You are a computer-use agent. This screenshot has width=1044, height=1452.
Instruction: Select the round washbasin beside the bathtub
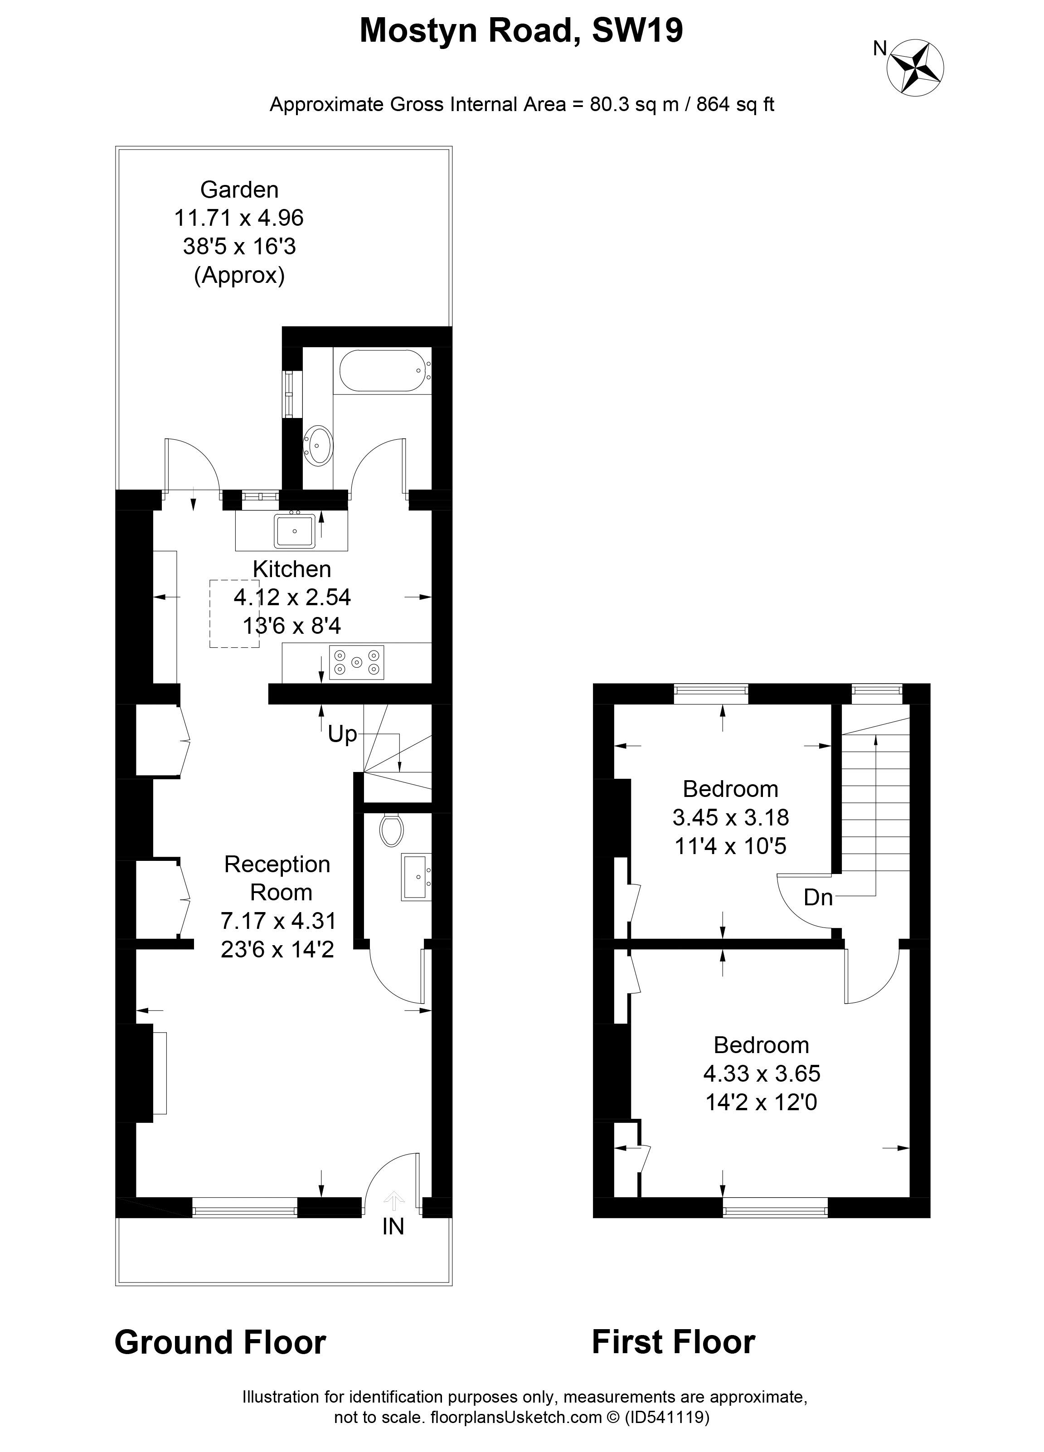coord(317,444)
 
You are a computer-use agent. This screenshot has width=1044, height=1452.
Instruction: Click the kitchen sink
coord(295,531)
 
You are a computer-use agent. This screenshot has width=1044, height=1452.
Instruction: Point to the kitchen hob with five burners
coord(356,662)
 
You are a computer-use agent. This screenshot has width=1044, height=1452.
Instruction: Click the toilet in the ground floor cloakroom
coord(390,830)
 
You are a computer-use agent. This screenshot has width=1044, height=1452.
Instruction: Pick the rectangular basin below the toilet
coord(416,876)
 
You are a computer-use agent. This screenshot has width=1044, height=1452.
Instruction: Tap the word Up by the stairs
coord(342,734)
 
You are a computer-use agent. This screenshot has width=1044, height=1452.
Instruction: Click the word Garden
coord(239,189)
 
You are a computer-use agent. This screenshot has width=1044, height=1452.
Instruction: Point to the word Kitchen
coord(292,568)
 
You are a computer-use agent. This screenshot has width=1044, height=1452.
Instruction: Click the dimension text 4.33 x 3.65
coord(761,1073)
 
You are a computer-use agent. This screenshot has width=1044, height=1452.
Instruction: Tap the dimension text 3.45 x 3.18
coord(730,817)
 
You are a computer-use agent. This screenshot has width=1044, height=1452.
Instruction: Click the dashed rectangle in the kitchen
coord(234,613)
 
